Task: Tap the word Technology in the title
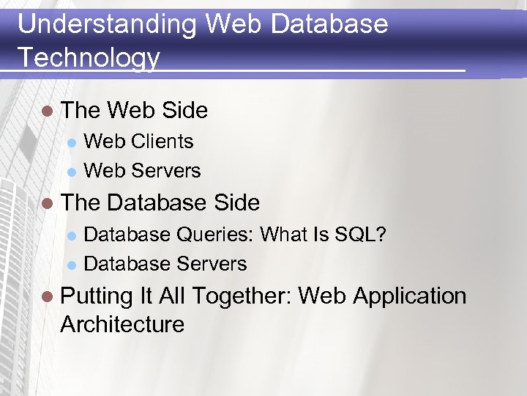pos(89,56)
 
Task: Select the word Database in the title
pos(329,24)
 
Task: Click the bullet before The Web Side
pos(48,111)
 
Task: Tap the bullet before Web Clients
pos(72,142)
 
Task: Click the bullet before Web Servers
pos(72,171)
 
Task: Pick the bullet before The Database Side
pos(48,203)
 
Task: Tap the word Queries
pos(214,235)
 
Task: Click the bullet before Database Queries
pos(72,235)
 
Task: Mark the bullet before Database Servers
pos(72,264)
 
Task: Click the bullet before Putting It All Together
pos(48,297)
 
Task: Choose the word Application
pos(409,296)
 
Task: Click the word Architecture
pos(122,324)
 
